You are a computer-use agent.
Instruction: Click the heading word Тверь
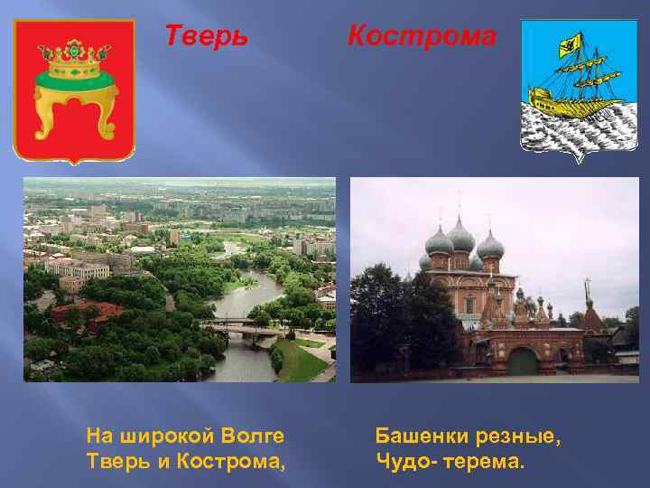(x=205, y=36)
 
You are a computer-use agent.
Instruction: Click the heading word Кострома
(x=422, y=36)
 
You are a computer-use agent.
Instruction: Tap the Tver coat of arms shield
(x=74, y=90)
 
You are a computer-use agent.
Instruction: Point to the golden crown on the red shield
(x=74, y=61)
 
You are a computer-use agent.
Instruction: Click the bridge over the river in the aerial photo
(x=240, y=327)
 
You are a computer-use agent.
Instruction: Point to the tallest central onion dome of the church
(x=460, y=237)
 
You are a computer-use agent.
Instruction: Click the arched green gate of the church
(x=523, y=361)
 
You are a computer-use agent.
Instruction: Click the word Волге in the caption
(x=252, y=436)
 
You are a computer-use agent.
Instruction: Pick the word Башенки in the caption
(x=419, y=436)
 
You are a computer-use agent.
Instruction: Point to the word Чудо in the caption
(x=399, y=462)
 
